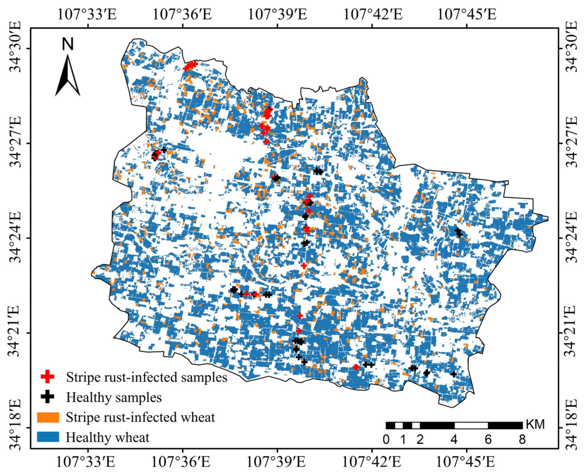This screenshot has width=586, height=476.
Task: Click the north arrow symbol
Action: [68, 75]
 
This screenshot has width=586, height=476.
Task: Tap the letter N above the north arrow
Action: [68, 44]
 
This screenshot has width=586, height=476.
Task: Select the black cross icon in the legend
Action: [47, 397]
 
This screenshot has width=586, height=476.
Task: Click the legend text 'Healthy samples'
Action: [114, 397]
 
